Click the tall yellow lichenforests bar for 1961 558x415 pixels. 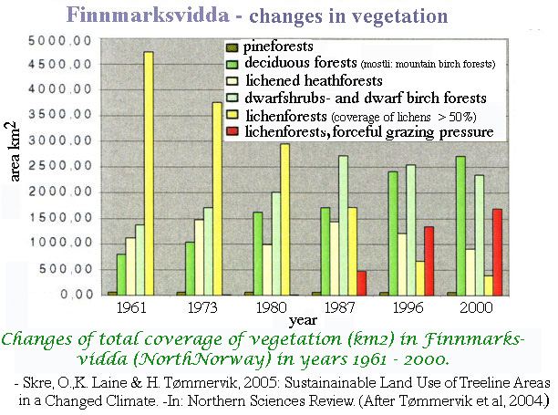click(x=148, y=173)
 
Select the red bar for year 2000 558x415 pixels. click(x=496, y=252)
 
